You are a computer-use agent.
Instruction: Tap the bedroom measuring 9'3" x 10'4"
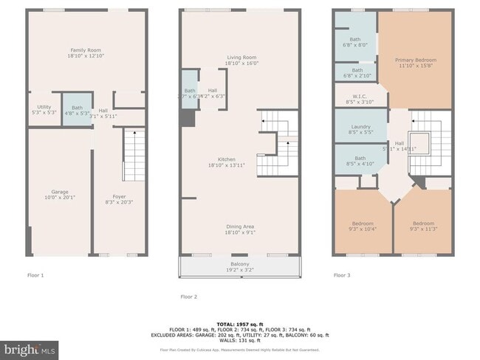361,226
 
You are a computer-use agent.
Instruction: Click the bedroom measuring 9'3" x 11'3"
423,226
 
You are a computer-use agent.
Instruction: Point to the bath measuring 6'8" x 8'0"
354,42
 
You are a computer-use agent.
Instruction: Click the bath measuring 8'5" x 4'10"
355,162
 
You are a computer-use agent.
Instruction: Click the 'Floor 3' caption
342,275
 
